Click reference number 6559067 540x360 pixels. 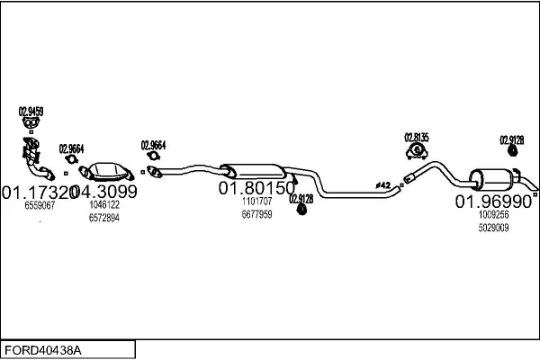point(39,206)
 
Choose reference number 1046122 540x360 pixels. point(103,205)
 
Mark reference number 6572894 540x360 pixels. point(103,219)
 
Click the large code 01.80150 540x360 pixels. point(256,189)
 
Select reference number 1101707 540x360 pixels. point(256,202)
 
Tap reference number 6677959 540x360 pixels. point(256,214)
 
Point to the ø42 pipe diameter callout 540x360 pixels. point(382,185)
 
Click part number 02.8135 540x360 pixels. point(417,137)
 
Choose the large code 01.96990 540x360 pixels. point(493,201)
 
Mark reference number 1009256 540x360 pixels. point(493,214)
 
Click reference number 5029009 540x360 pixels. point(493,228)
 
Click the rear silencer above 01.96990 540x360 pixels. point(490,178)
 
